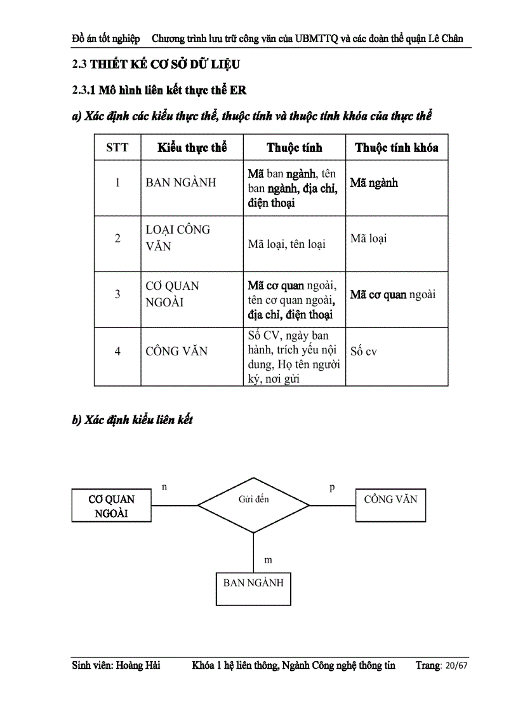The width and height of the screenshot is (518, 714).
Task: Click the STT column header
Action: [x=117, y=148]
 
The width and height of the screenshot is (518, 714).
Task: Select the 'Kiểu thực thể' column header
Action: [x=192, y=148]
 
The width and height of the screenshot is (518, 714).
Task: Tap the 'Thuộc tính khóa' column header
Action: [x=396, y=148]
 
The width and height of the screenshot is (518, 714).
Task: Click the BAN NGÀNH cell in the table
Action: [x=181, y=182]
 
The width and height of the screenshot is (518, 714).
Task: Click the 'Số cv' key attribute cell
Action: [x=364, y=351]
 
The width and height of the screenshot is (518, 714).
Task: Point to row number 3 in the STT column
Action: [x=117, y=294]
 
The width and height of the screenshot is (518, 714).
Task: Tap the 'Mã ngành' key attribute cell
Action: [x=374, y=183]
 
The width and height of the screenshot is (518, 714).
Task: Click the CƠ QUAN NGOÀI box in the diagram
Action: [x=111, y=506]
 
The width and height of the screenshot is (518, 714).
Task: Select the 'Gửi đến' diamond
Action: [x=254, y=505]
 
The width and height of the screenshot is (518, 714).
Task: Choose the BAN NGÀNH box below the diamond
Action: [x=253, y=582]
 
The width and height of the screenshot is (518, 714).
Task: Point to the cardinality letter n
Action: [x=164, y=487]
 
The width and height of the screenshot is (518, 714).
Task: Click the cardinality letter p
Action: [x=332, y=488]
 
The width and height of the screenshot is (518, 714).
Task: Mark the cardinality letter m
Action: [x=268, y=560]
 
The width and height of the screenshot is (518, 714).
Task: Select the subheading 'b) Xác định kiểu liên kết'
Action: [x=132, y=420]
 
